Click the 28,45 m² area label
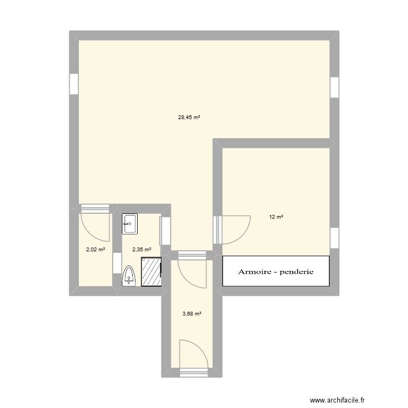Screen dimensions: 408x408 [189, 117]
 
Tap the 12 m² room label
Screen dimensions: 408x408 [276, 217]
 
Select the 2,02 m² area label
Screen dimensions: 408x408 [95, 250]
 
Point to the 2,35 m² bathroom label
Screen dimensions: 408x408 [141, 250]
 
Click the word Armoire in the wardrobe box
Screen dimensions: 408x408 [256, 271]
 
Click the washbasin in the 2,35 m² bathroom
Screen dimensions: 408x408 [130, 222]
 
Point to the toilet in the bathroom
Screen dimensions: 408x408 [128, 275]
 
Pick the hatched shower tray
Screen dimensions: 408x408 [152, 271]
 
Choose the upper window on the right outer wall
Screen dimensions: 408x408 [335, 87]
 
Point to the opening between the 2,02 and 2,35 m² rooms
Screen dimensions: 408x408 [116, 263]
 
